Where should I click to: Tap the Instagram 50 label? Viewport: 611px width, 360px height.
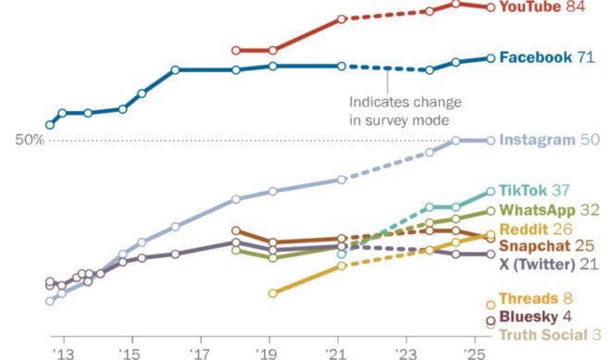click(550, 141)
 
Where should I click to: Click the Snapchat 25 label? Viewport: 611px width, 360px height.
click(545, 246)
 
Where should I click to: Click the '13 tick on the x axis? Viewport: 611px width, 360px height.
click(63, 353)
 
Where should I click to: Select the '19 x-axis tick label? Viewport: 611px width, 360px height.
click(268, 353)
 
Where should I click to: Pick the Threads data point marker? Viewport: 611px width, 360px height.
click(491, 304)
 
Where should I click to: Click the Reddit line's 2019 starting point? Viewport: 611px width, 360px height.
click(272, 293)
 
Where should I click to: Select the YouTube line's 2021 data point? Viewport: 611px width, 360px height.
click(342, 19)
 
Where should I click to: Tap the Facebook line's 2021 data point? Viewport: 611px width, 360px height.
click(342, 66)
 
